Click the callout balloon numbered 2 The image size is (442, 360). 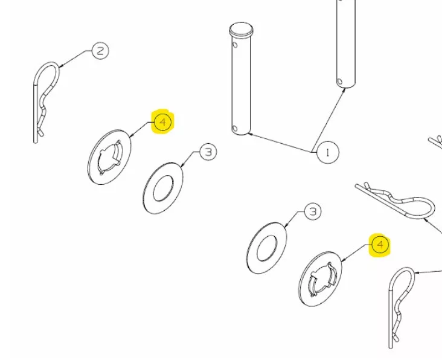pyautogui.click(x=100, y=51)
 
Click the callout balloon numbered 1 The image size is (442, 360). pyautogui.click(x=328, y=152)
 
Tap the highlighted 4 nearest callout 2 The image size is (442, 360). pyautogui.click(x=163, y=122)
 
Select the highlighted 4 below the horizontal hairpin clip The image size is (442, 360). pyautogui.click(x=380, y=245)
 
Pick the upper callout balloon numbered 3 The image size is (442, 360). pyautogui.click(x=208, y=152)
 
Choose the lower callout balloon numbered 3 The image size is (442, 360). pyautogui.click(x=313, y=211)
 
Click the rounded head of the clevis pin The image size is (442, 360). pyautogui.click(x=242, y=30)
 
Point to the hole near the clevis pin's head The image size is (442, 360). pyautogui.click(x=235, y=45)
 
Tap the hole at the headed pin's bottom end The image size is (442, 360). pyautogui.click(x=235, y=129)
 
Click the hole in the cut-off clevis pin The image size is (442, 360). pyautogui.click(x=340, y=82)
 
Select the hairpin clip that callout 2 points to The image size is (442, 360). pyautogui.click(x=46, y=103)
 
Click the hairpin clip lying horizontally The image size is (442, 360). pyautogui.click(x=396, y=200)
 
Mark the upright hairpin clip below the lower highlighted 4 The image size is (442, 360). pyautogui.click(x=402, y=308)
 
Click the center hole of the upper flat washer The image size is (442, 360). pyautogui.click(x=163, y=188)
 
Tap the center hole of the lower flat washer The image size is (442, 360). pyautogui.click(x=267, y=248)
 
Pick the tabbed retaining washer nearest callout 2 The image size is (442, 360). pyautogui.click(x=109, y=157)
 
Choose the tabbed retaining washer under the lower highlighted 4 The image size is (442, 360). pyautogui.click(x=320, y=279)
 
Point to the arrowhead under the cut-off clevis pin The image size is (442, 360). pyautogui.click(x=344, y=90)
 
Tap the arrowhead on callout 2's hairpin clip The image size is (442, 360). pyautogui.click(x=61, y=66)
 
